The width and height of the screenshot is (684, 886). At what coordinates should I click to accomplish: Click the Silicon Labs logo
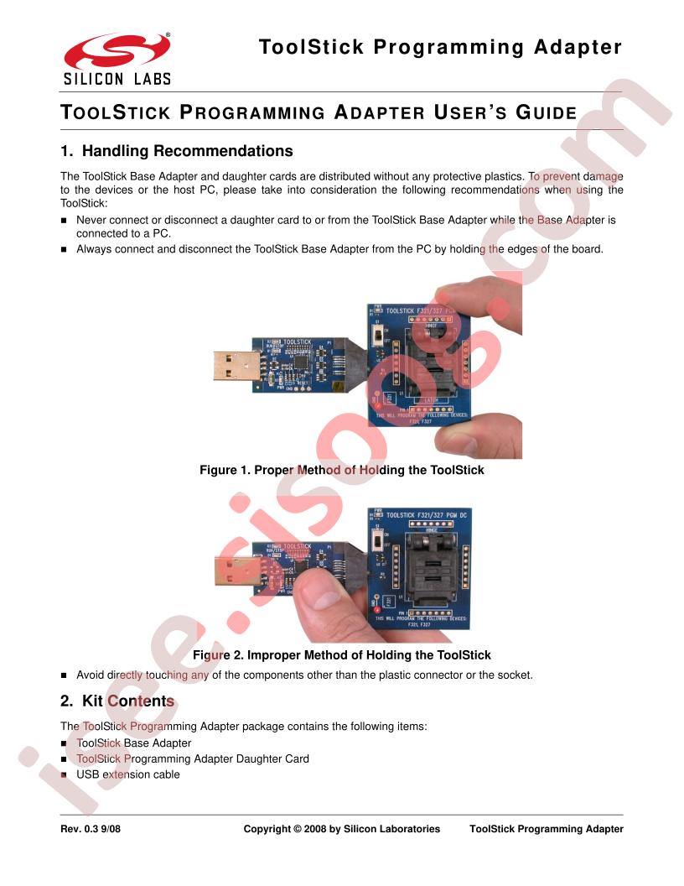pos(117,58)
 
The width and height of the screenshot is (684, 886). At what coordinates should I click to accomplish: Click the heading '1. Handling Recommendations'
pos(177,152)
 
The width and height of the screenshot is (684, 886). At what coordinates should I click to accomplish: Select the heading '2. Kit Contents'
pos(117,701)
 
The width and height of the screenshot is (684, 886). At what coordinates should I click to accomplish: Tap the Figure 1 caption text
pos(341,471)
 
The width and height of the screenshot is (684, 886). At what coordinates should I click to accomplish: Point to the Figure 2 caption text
pos(341,654)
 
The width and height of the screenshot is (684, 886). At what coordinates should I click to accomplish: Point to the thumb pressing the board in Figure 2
pos(323,600)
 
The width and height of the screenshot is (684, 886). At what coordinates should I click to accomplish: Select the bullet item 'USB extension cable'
pos(127,774)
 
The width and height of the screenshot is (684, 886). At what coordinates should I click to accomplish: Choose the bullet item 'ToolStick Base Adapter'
pos(133,743)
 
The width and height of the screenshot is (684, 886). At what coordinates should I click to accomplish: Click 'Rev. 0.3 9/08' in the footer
pos(91,829)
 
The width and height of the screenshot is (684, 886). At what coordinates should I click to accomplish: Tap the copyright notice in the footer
pos(341,829)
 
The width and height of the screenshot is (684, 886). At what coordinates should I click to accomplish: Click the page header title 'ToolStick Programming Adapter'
pos(441,47)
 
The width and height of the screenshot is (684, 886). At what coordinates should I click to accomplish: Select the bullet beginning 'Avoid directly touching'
pos(304,675)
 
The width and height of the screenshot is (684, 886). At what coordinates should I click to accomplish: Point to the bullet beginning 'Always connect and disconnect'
pos(339,248)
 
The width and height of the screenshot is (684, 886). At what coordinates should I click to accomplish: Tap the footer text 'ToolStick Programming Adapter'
pos(547,829)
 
